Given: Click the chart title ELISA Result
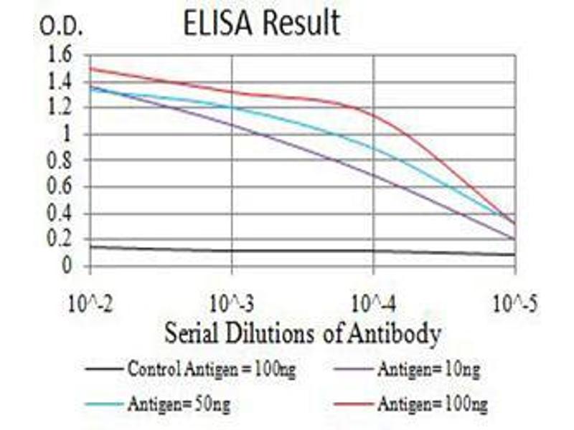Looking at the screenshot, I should (x=260, y=23).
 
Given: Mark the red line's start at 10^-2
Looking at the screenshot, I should (x=90, y=68).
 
